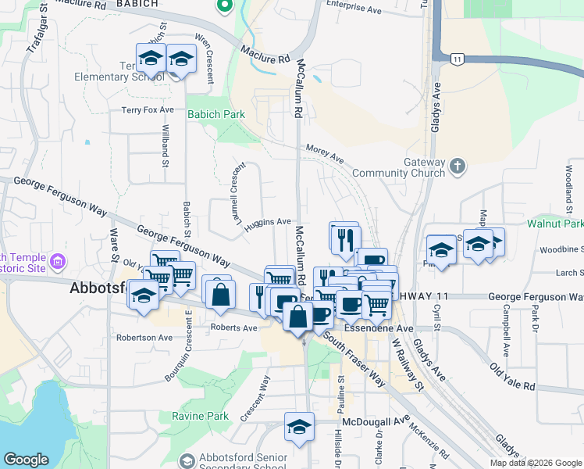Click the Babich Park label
(215, 114)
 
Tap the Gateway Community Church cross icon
(458, 166)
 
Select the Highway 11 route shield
(458, 59)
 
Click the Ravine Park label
(200, 416)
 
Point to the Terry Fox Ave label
(148, 110)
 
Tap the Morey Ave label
(325, 153)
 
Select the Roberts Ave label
(233, 328)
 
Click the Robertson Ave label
(144, 338)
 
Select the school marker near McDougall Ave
(299, 428)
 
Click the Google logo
(26, 460)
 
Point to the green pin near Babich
(225, 6)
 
